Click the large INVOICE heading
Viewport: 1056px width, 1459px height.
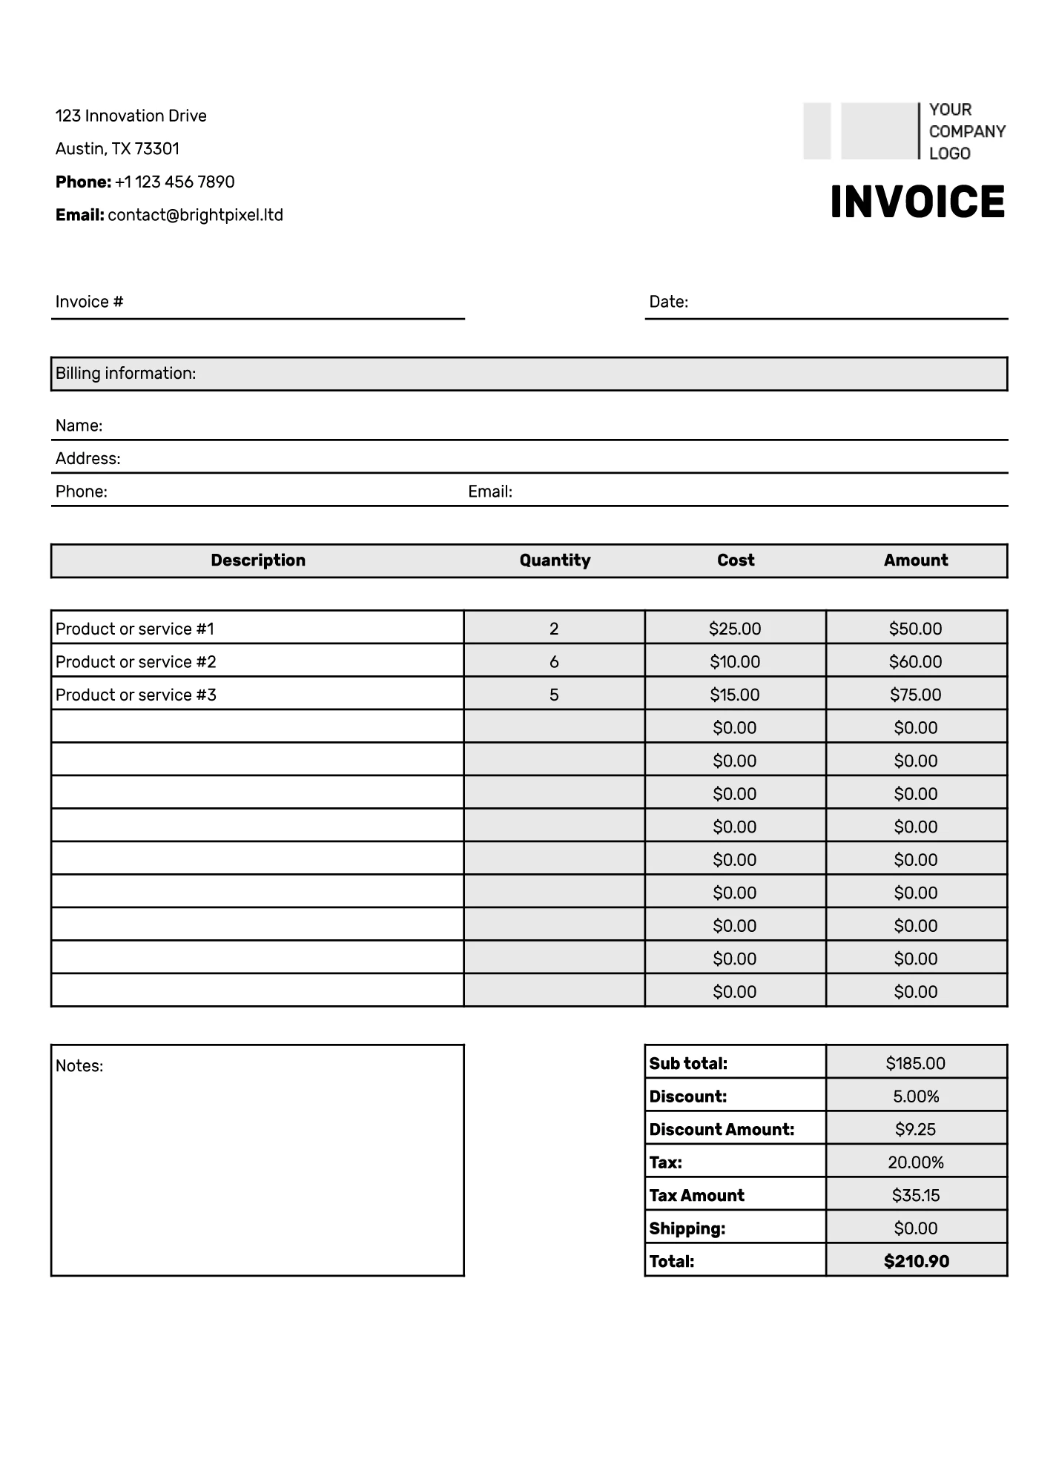coord(917,202)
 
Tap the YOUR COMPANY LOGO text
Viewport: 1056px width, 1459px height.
coord(966,131)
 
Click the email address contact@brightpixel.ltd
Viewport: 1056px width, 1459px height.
coord(195,215)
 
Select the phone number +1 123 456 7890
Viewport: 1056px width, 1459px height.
coord(174,182)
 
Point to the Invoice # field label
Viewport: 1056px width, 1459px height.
coord(89,302)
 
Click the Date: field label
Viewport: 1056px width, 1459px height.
coord(668,302)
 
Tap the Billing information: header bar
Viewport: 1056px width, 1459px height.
coord(529,374)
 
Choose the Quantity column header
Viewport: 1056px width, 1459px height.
coord(555,560)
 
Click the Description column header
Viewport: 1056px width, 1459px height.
coord(258,560)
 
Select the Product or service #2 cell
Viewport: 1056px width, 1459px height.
coord(136,661)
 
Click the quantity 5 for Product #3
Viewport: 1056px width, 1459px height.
coord(554,695)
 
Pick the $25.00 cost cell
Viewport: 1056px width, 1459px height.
coord(735,629)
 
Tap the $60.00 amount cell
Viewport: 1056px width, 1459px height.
coord(916,661)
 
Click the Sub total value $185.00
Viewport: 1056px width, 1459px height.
coord(916,1063)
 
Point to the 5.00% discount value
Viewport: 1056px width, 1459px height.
coord(916,1096)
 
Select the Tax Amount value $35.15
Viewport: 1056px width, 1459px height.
coord(916,1195)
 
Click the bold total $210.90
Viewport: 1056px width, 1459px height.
coord(916,1261)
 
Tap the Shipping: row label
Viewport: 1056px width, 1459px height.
coord(687,1228)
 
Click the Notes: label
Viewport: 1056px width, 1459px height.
coord(79,1065)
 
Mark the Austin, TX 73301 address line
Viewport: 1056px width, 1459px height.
coord(117,149)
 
